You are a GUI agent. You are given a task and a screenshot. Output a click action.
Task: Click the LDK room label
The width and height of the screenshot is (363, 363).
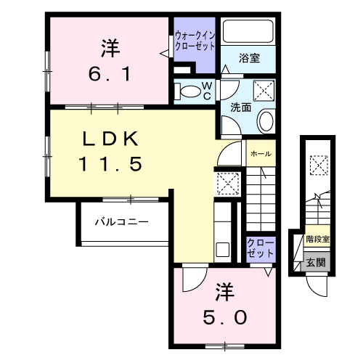110,139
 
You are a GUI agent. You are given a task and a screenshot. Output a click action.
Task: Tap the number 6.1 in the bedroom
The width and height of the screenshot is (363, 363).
110,74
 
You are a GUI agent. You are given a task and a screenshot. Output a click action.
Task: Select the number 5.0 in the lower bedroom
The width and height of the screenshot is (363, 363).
225,317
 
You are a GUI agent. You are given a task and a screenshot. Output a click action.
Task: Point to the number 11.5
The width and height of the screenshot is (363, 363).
110,164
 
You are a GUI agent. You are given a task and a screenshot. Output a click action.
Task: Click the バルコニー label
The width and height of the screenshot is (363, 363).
121,221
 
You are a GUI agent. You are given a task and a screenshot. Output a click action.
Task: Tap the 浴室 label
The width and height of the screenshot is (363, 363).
249,58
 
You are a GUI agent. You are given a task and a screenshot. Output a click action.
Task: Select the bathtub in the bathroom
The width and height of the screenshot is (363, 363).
248,31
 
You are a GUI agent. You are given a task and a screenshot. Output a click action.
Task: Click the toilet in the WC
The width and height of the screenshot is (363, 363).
188,91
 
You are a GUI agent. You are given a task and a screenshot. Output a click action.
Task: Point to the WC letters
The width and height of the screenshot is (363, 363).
207,91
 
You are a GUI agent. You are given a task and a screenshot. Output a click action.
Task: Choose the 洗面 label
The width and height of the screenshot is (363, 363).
241,107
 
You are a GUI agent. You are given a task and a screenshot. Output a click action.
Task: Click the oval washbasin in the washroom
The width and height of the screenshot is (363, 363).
266,121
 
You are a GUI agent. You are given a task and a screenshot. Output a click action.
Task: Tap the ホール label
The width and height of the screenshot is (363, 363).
261,154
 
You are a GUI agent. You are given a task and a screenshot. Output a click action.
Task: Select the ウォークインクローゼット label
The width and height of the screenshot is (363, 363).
195,41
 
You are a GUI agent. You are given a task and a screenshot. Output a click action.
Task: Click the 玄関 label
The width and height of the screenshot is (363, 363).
316,262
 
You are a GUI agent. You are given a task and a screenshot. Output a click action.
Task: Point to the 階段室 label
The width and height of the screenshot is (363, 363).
318,240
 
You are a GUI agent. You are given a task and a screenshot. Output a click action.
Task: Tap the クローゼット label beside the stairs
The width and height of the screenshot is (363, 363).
261,248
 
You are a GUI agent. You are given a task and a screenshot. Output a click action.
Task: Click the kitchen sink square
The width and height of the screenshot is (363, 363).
223,250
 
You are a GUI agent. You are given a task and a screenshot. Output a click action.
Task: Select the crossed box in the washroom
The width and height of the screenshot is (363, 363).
264,91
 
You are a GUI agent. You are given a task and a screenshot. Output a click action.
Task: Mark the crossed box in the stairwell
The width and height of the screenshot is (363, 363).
319,166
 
